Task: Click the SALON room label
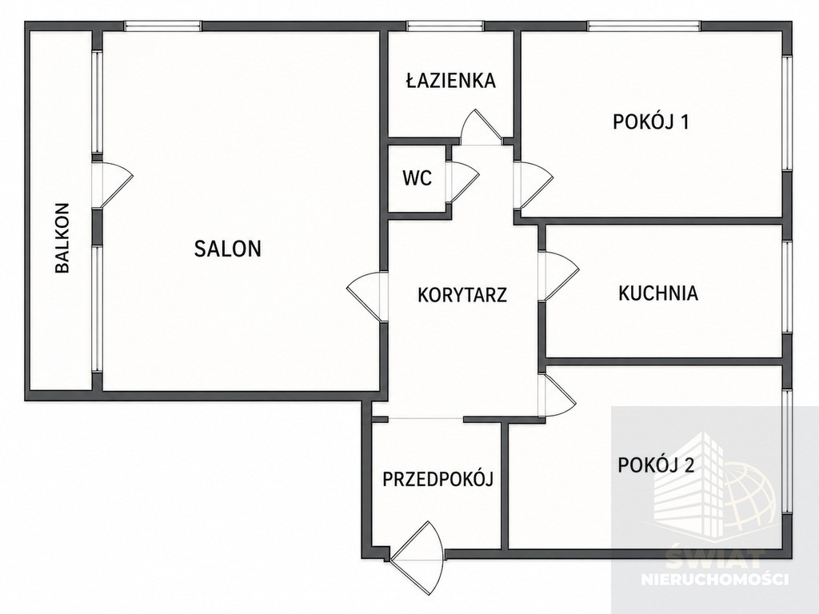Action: pos(228,249)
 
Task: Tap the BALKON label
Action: pos(62,238)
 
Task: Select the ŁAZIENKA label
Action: pos(451,80)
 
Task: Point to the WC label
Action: pos(417,178)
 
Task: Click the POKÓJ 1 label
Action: pos(651,122)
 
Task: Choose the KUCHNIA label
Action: pos(658,293)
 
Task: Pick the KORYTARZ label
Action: pos(462,294)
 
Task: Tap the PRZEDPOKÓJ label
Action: pos(437,479)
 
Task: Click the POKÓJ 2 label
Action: pos(656,464)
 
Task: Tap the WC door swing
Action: pos(463,180)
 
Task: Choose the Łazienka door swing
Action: pos(481,127)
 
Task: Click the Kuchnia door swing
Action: pos(558,276)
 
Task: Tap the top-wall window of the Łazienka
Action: pos(445,26)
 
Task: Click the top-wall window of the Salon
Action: pos(162,26)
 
